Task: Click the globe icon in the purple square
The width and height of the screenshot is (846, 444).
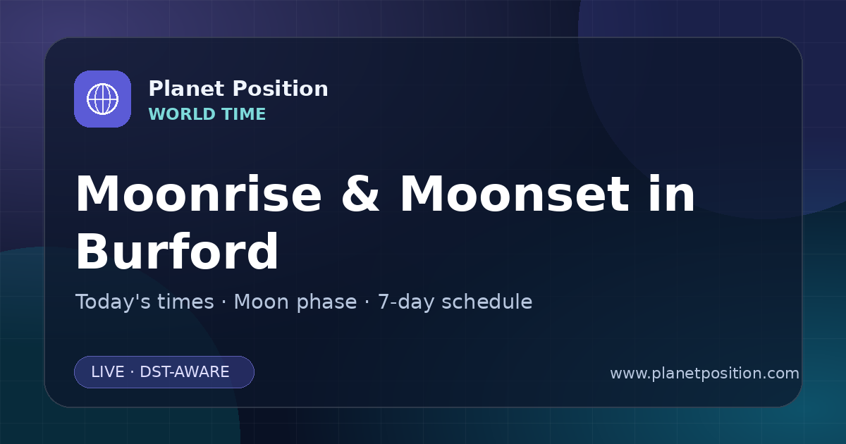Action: pos(103,99)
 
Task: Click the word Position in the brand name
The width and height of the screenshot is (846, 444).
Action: pos(281,89)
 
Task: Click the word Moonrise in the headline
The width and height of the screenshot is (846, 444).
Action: pos(199,194)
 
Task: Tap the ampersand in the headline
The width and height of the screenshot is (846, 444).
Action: pos(360,194)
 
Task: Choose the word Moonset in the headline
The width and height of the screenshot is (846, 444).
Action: pos(515,194)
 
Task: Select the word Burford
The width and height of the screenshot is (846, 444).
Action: pos(177,252)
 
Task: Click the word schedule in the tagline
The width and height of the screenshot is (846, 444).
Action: pos(487,302)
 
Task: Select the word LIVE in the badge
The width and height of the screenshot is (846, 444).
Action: pos(108,372)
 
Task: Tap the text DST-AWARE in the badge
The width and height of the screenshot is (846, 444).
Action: pos(184,372)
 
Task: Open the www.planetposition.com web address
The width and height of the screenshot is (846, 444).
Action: pos(705,374)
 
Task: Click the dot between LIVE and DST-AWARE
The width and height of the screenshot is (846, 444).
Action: pos(133,372)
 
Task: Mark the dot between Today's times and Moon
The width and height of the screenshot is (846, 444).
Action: pos(224,303)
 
